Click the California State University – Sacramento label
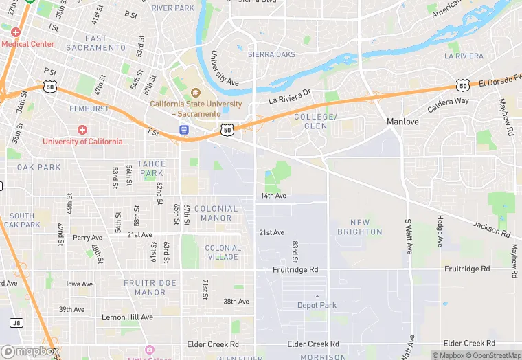tap(196, 109)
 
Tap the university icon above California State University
tap(195, 93)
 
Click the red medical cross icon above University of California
tap(82, 130)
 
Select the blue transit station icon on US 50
tap(184, 130)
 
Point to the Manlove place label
tap(402, 121)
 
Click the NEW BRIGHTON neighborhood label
tap(359, 227)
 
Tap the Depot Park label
tap(317, 305)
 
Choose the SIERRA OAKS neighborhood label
tap(271, 54)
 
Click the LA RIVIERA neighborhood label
tap(464, 56)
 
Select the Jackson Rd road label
tap(492, 229)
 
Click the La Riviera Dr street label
tap(290, 100)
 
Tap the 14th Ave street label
tap(273, 196)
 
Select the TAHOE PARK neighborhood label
tap(151, 168)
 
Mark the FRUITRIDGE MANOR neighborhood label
tap(145, 287)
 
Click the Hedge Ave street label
tap(440, 232)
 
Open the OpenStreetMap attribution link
tap(493, 355)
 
